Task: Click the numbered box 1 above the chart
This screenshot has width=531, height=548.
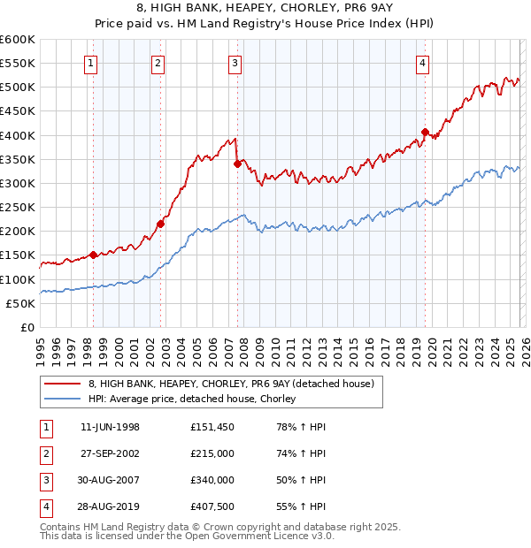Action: [93, 63]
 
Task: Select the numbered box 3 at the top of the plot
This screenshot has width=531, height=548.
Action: [235, 63]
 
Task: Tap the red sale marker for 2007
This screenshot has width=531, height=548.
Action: [237, 164]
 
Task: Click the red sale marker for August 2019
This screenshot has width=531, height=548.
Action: [425, 133]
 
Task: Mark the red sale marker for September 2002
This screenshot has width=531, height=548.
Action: [160, 224]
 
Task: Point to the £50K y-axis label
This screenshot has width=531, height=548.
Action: [21, 303]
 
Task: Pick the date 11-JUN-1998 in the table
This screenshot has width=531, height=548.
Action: [110, 427]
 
